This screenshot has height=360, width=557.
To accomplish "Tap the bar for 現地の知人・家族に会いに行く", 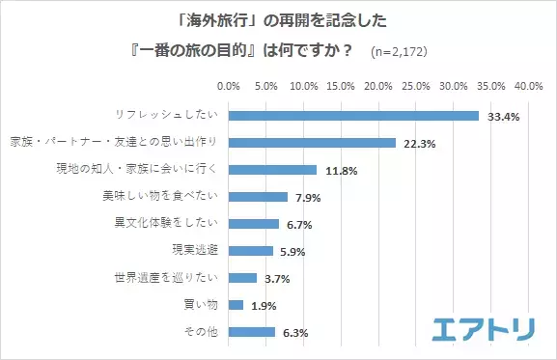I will pos(272,170).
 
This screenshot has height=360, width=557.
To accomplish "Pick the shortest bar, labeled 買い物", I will pos(236,305).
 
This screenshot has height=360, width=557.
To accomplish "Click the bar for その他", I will pos(252,332).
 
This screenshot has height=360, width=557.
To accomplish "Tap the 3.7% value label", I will pos(278,278).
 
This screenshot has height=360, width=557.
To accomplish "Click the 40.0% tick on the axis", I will pos(528,86).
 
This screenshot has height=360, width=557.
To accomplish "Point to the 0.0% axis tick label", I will pos(229,86).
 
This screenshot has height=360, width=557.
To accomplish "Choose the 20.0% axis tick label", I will pos(378,86).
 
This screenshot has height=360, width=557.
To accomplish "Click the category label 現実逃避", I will pos(194,251).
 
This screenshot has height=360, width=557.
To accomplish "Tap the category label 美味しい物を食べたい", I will pos(163,197).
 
